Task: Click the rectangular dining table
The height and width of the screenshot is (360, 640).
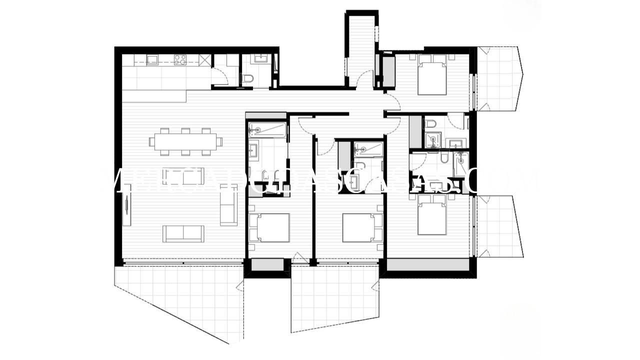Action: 185,141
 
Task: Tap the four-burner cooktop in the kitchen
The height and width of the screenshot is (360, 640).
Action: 180,60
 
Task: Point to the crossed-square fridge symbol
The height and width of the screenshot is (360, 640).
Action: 204,60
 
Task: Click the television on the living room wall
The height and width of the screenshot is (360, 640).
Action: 127,205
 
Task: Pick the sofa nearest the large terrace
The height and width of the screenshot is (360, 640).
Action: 183,233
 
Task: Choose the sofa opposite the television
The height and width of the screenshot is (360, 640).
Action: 228,207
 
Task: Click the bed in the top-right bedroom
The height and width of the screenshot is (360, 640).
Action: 432,75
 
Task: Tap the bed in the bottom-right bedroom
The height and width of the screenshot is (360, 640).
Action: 432,215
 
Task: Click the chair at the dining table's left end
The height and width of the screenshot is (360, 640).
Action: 152,141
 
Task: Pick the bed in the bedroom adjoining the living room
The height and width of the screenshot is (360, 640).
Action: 268,228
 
